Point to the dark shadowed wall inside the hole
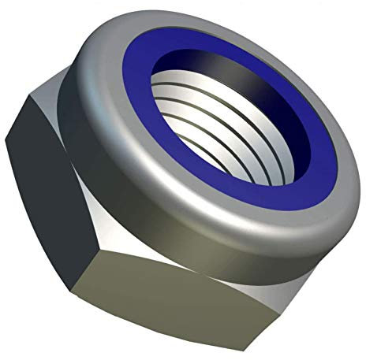tap(237, 75)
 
